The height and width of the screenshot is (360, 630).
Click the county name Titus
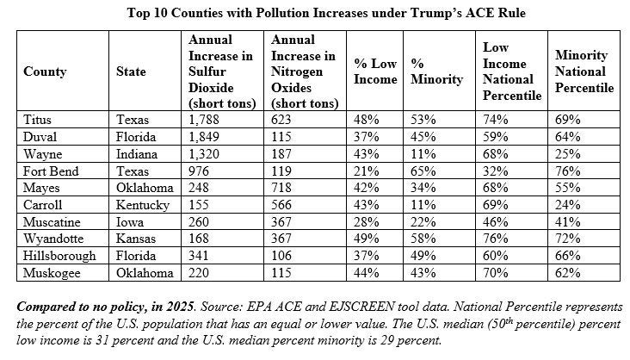tap(37, 120)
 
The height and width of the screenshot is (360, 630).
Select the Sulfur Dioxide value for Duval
tap(204, 137)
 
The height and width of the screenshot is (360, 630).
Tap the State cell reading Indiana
tap(137, 154)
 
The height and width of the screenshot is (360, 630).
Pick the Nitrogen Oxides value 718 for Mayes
tap(281, 188)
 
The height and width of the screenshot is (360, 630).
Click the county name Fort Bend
tap(51, 171)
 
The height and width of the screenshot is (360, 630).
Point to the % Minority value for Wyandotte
tap(423, 239)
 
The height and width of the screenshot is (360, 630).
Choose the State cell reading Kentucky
tap(143, 205)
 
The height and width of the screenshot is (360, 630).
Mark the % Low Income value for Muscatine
tap(366, 222)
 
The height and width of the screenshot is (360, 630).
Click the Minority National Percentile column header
tap(584, 71)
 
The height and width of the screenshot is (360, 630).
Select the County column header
tap(45, 71)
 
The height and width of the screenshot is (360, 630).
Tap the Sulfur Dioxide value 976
tap(199, 171)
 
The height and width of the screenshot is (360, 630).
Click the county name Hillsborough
tap(59, 256)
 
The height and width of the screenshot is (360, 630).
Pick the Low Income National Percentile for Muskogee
tap(496, 273)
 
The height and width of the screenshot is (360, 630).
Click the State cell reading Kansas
tap(136, 239)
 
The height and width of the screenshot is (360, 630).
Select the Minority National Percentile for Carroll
tap(567, 205)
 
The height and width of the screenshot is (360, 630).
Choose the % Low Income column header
tap(375, 71)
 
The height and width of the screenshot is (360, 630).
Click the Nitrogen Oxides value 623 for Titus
tap(281, 120)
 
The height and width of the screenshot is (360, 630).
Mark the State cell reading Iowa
tap(130, 222)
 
